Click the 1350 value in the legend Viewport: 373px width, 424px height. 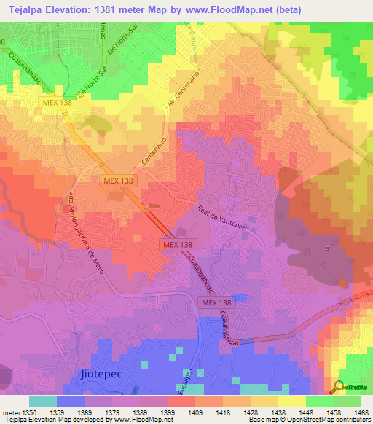(x=28, y=412)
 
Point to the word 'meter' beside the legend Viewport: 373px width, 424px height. (x=10, y=412)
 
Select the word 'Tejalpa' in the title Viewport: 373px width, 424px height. (x=29, y=9)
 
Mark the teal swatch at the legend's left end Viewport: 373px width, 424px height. (x=42, y=401)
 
